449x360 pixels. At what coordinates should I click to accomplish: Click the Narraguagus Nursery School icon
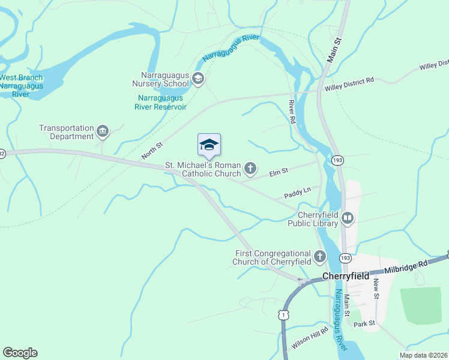click(198, 79)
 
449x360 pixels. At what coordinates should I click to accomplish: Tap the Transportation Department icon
click(103, 131)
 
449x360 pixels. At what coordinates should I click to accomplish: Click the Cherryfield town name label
click(345, 277)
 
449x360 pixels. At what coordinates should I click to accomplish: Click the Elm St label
click(279, 171)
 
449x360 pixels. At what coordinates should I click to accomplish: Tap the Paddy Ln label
click(297, 191)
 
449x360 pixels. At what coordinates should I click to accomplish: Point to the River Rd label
click(292, 112)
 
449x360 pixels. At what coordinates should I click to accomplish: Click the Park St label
click(364, 323)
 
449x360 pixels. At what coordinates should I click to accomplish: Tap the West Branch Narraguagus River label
click(21, 86)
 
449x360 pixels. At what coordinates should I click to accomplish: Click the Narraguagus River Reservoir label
click(161, 102)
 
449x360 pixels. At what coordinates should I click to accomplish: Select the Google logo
click(20, 353)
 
